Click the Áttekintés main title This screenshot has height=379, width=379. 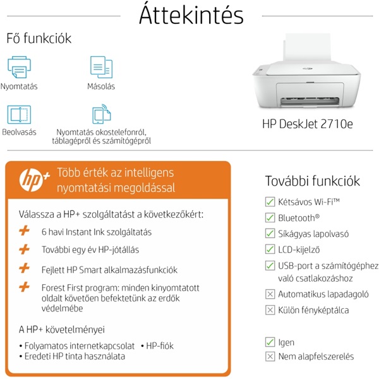click(191, 15)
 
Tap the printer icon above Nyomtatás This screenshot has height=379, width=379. click(19, 67)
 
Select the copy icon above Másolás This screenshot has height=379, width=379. click(101, 67)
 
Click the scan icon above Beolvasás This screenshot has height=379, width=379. click(19, 114)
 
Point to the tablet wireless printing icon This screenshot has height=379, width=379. click(102, 114)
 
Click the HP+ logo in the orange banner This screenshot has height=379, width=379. click(34, 179)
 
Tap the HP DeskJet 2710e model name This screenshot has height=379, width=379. click(308, 124)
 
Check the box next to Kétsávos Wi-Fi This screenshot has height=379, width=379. click(270, 202)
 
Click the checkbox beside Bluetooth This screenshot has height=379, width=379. click(270, 218)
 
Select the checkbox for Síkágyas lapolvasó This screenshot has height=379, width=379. click(270, 234)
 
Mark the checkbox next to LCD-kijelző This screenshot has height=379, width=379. click(270, 250)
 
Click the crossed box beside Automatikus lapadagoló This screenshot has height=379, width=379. click(270, 294)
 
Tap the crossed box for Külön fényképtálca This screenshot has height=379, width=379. click(270, 310)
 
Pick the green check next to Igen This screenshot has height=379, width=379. click(270, 342)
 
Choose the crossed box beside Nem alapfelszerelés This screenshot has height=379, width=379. click(270, 356)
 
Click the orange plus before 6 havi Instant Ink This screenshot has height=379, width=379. click(25, 231)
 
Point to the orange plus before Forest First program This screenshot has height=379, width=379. click(25, 287)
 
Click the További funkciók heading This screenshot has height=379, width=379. click(313, 181)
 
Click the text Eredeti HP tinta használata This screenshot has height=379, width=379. click(75, 356)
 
